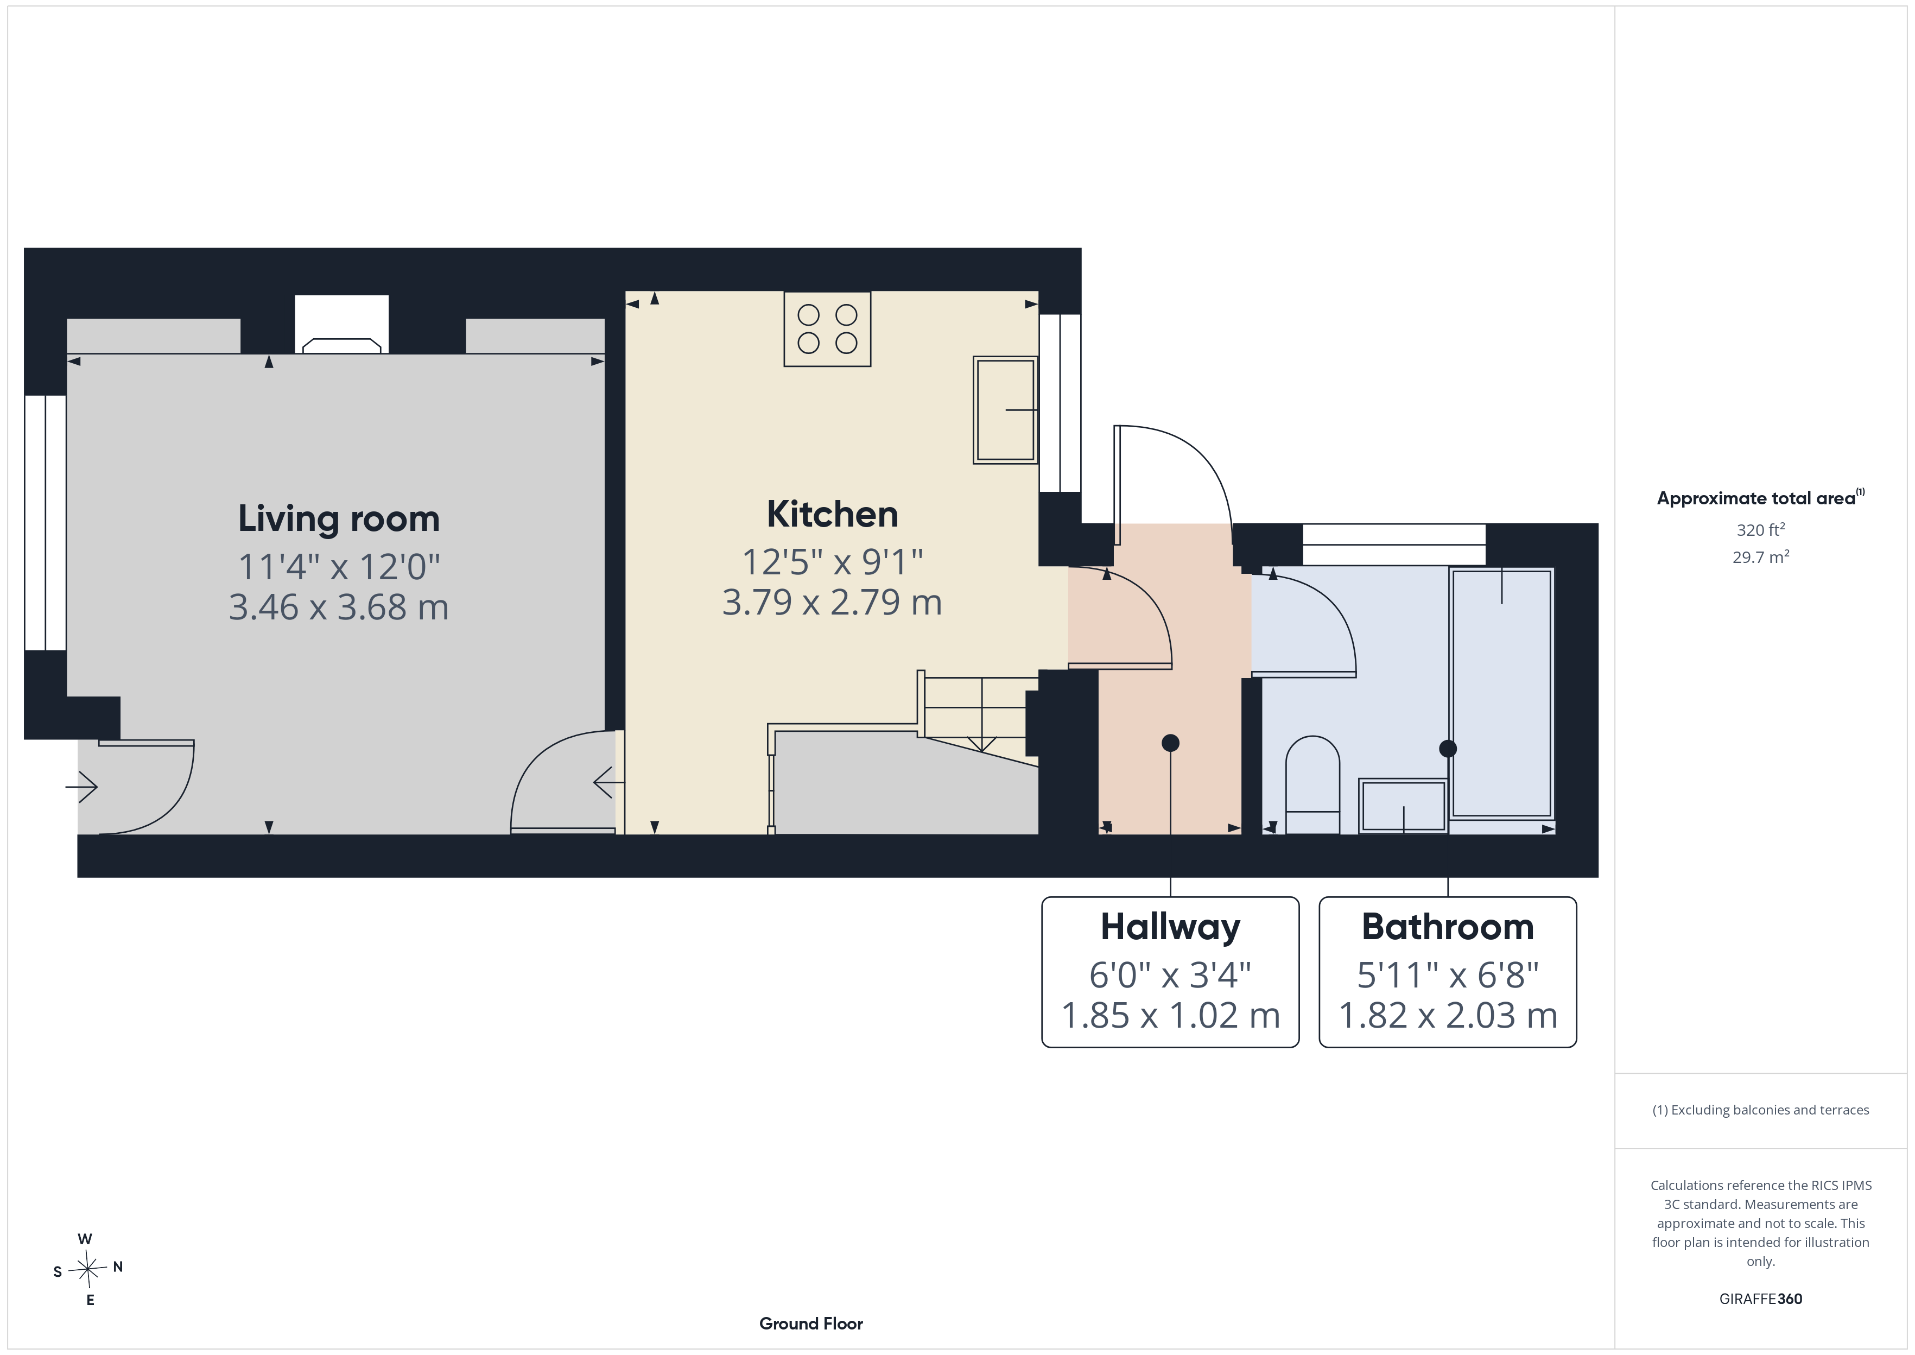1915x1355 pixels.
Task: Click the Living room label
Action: pos(339,519)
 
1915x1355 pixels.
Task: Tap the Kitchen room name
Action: pos(833,514)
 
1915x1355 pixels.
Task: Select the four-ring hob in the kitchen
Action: pos(827,329)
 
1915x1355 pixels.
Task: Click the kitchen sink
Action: pos(1005,410)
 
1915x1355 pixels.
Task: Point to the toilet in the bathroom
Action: pos(1313,784)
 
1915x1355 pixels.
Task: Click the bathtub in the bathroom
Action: pos(1501,693)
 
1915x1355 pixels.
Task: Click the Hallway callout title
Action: pos(1170,927)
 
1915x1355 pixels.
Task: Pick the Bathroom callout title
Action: pos(1447,927)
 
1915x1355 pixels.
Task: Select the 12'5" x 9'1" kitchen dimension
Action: pos(833,562)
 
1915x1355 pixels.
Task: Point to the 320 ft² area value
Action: pos(1761,530)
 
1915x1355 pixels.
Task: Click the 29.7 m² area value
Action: pos(1761,556)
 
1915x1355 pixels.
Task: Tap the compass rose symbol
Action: pos(87,1270)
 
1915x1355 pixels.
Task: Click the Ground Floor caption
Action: pos(811,1324)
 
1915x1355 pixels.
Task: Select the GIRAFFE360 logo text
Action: pos(1761,1299)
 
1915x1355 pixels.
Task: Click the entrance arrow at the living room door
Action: pos(82,787)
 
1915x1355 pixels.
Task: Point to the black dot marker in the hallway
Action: pos(1170,743)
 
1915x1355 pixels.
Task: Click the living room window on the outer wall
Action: pos(45,522)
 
